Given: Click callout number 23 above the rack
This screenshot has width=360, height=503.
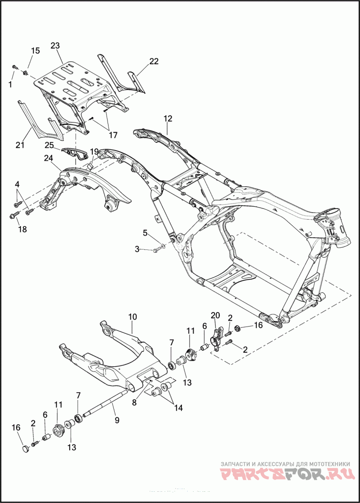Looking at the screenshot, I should tap(55, 45).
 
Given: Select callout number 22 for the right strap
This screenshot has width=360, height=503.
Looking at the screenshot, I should tap(154, 62).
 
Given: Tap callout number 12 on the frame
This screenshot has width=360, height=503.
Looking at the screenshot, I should tap(168, 118).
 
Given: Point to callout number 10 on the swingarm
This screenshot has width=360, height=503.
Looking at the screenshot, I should tap(132, 317).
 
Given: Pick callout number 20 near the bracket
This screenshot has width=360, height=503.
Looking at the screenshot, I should tap(215, 315).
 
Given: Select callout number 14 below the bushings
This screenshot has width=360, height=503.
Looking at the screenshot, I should tap(179, 408).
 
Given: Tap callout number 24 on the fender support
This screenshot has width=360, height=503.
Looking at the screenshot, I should tap(49, 158).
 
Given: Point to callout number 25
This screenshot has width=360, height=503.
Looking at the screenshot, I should tap(49, 145).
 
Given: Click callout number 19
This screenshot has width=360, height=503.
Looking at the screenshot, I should tap(94, 151).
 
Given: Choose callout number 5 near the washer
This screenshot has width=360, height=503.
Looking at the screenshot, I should tap(145, 232).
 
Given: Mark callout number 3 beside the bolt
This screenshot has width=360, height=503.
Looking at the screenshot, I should tap(137, 249).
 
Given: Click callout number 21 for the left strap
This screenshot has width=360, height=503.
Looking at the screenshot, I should tap(19, 145).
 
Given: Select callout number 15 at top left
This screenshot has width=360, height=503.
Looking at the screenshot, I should tap(35, 51).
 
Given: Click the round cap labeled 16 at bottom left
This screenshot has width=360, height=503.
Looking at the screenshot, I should tap(27, 448).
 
